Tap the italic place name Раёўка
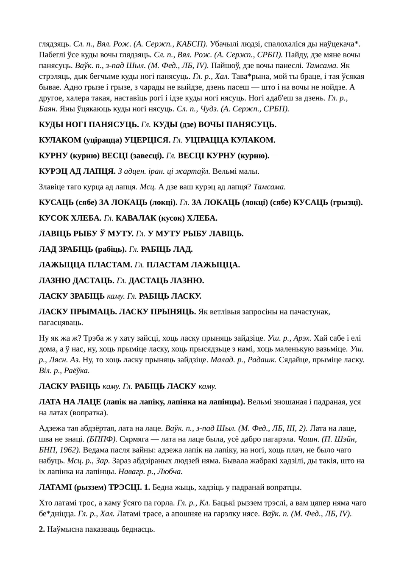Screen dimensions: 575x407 (77, 371)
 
